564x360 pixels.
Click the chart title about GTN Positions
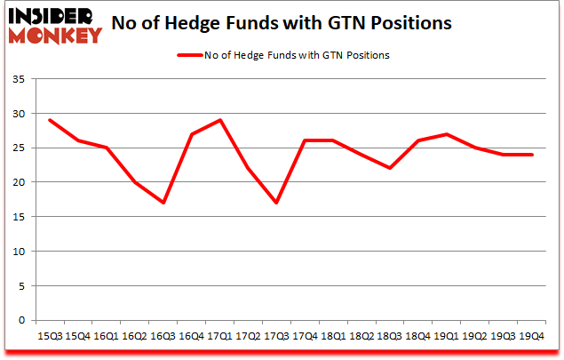point(289,22)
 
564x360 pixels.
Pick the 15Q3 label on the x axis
point(49,337)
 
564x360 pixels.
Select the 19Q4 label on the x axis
point(532,337)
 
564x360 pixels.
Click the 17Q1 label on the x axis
point(219,337)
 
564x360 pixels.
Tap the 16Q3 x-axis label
point(163,337)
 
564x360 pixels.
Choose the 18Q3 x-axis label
point(390,337)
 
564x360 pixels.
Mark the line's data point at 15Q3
point(49,120)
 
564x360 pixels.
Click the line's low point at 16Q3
point(163,203)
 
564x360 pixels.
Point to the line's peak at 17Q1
point(219,120)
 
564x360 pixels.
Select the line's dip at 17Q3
point(276,203)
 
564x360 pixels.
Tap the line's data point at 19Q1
point(447,134)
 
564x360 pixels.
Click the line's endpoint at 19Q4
point(532,155)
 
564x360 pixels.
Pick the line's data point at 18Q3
point(390,168)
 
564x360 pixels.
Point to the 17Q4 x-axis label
point(305,337)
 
